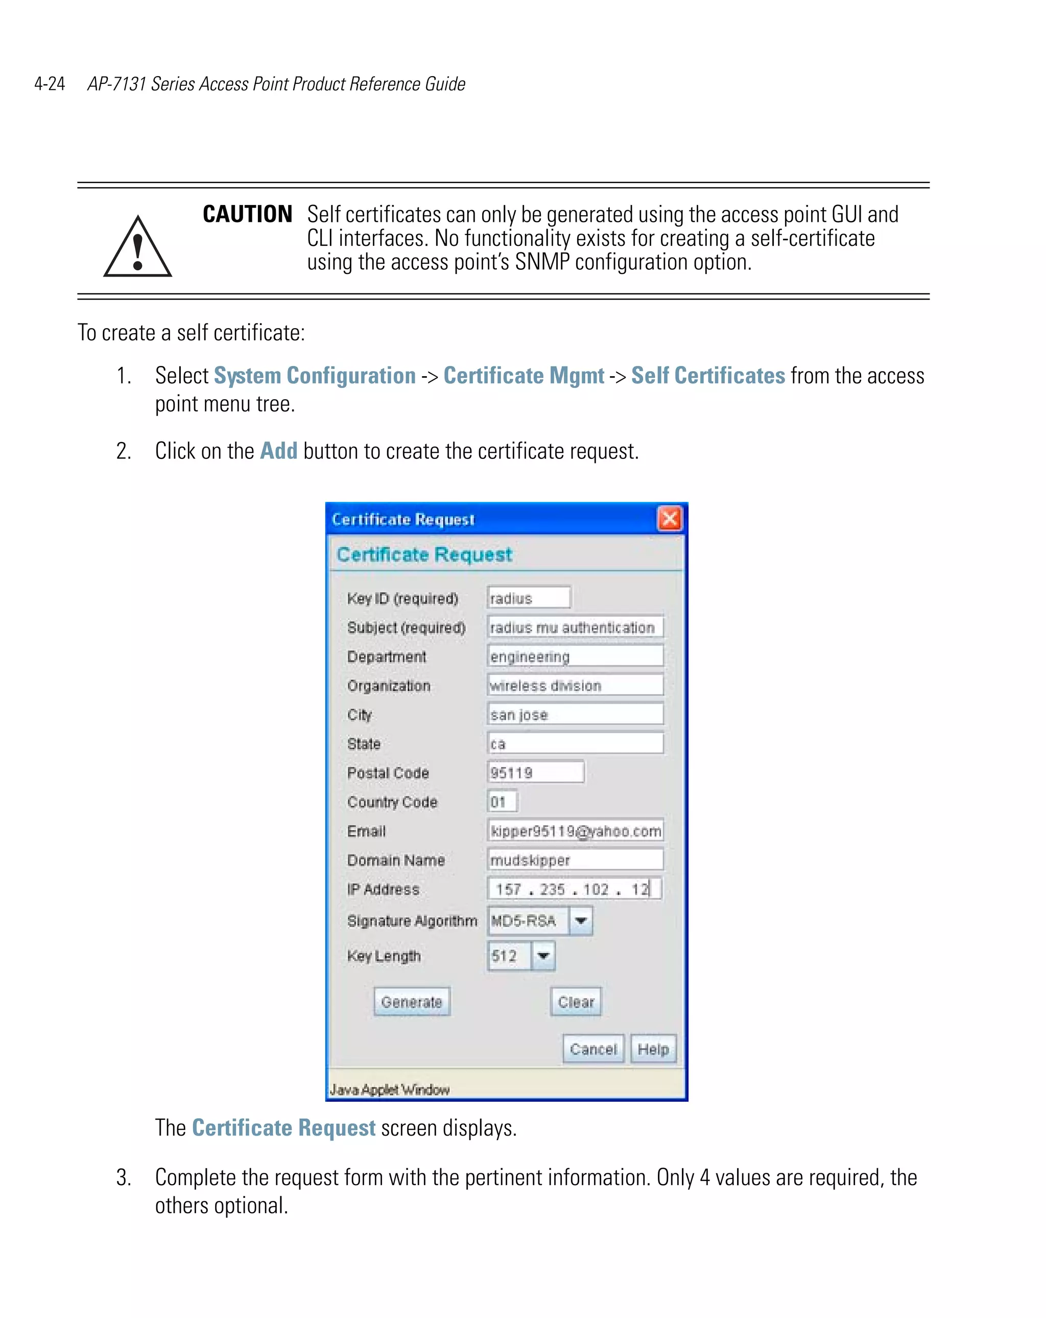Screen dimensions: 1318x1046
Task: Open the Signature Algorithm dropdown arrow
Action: tap(580, 920)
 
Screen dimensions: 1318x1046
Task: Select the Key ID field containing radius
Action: tap(529, 597)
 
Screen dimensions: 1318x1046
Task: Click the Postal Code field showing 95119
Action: tap(535, 772)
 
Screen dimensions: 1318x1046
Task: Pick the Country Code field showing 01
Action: tap(502, 801)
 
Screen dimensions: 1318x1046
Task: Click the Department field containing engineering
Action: tap(575, 656)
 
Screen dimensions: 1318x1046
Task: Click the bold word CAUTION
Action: tap(247, 214)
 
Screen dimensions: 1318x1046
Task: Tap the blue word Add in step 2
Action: tap(278, 451)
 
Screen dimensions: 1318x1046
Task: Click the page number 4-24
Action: tap(50, 84)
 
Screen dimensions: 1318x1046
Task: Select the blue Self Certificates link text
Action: tap(707, 375)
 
